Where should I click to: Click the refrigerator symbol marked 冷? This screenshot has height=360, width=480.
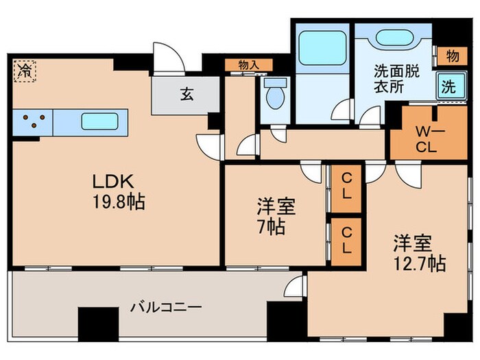pyautogui.click(x=24, y=69)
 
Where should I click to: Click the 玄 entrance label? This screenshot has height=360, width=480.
pyautogui.click(x=187, y=94)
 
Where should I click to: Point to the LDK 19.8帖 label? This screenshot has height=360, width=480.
pyautogui.click(x=117, y=191)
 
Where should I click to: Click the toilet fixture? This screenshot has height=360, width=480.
pyautogui.click(x=275, y=95)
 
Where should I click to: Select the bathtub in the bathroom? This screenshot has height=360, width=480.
pyautogui.click(x=322, y=51)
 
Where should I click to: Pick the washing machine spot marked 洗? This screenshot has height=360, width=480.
pyautogui.click(x=447, y=87)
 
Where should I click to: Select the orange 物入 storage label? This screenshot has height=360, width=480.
pyautogui.click(x=248, y=65)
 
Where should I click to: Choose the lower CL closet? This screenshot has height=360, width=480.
pyautogui.click(x=347, y=241)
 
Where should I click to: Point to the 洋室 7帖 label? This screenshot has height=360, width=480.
pyautogui.click(x=272, y=216)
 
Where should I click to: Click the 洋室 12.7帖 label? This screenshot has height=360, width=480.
pyautogui.click(x=418, y=252)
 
